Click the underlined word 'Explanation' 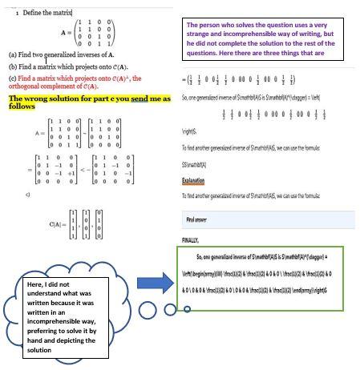[x=194, y=181]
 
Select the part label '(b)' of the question [x=13, y=66]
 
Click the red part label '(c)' [x=13, y=78]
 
